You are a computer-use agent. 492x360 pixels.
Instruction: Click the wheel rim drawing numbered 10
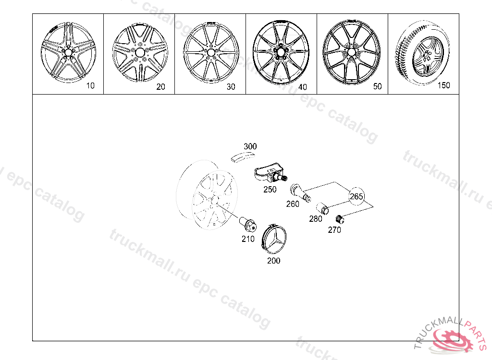pos(68,52)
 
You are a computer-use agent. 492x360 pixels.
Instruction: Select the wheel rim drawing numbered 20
pos(140,52)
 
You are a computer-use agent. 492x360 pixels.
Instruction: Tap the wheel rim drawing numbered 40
pos(281,52)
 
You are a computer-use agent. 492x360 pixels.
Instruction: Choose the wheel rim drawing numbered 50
pos(351,52)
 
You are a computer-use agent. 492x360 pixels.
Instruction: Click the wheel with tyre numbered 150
pos(422,53)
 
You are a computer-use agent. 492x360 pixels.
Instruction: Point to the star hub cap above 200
pos(274,239)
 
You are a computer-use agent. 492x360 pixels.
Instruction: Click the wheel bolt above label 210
pos(248,224)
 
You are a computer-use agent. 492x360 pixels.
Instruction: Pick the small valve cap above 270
pos(340,219)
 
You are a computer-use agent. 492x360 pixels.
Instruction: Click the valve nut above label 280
pos(322,208)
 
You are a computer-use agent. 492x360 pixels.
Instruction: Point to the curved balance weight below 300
pos(243,156)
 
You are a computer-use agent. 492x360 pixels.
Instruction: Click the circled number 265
pos(356,196)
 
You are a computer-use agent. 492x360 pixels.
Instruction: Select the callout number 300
pos(250,146)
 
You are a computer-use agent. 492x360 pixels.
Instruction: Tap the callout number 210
pos(248,239)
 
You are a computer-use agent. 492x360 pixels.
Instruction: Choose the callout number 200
pos(273,261)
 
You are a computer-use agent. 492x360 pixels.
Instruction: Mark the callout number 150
pos(443,85)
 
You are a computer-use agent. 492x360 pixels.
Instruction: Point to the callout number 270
pos(334,230)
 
